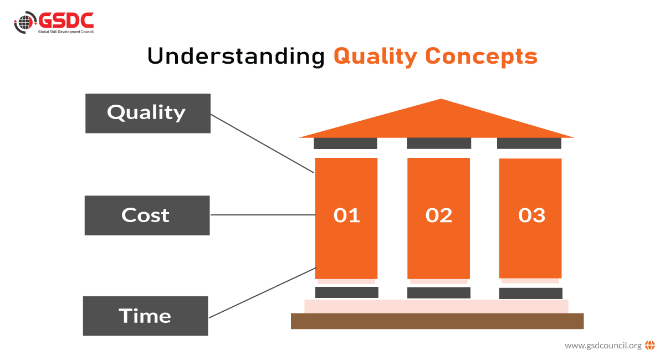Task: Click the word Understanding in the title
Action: [x=236, y=56]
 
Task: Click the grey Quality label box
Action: [x=147, y=113]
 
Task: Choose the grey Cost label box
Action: [x=147, y=215]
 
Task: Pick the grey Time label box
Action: [x=145, y=316]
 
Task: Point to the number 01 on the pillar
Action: [x=347, y=215]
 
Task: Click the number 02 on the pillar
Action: [x=439, y=215]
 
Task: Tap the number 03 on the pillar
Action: [x=531, y=215]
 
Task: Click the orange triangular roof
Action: [x=438, y=123]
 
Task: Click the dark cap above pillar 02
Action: [x=438, y=143]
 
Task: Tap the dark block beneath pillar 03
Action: [x=530, y=293]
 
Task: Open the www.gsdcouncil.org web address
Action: [x=603, y=346]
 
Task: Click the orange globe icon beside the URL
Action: [x=650, y=346]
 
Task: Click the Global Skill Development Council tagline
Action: [x=66, y=32]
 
